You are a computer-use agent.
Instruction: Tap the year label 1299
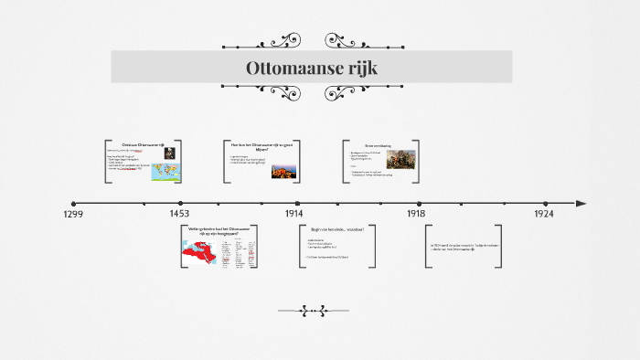[73, 214]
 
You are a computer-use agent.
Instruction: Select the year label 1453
[179, 214]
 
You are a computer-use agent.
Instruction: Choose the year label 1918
[418, 214]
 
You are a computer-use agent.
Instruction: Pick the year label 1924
[545, 214]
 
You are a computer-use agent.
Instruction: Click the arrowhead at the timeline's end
[581, 203]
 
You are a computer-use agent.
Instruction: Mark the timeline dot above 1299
[74, 204]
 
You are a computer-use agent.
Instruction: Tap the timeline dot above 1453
[180, 204]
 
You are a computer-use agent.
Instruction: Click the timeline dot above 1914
[297, 204]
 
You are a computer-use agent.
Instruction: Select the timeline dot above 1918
[420, 204]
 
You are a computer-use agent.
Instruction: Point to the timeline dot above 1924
[545, 204]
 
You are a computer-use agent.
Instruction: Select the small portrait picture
[171, 153]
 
